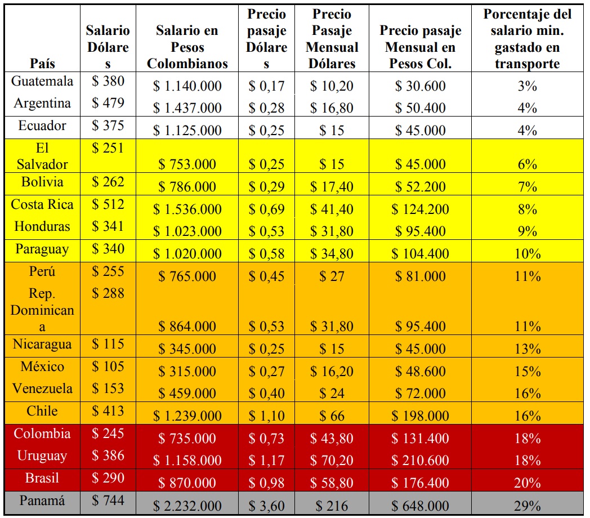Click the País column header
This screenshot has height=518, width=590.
43,63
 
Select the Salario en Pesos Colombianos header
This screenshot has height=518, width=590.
187,47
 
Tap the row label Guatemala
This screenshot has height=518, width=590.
43,81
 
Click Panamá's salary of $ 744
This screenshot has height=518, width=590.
108,500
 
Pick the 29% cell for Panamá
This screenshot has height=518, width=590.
527,506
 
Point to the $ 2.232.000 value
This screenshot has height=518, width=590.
187,506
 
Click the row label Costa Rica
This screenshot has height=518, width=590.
43,204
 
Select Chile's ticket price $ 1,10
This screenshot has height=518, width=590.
266,416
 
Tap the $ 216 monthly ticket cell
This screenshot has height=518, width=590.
332,506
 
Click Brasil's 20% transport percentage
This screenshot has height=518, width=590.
527,483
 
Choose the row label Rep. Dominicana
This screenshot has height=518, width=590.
43,310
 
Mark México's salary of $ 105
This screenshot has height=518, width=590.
108,367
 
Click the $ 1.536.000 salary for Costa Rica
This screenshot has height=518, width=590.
187,209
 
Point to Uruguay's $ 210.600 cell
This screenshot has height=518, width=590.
421,461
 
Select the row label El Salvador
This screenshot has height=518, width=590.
43,157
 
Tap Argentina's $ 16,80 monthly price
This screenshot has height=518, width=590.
332,108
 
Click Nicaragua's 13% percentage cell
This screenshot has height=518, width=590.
527,349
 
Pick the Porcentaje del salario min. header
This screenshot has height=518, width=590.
527,39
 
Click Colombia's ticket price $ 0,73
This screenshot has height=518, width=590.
266,439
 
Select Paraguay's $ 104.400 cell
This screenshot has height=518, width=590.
421,254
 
